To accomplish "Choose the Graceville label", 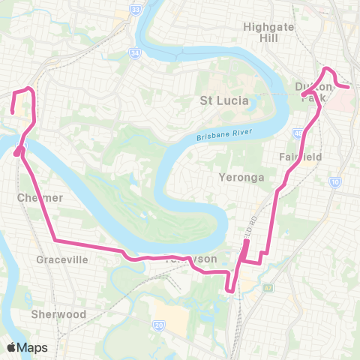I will pyautogui.click(x=62, y=259).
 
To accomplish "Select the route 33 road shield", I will pyautogui.click(x=134, y=10).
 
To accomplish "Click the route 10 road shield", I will pyautogui.click(x=335, y=181).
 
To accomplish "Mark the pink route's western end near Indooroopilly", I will pyautogui.click(x=13, y=112).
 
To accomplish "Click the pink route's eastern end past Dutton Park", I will pyautogui.click(x=349, y=87).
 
